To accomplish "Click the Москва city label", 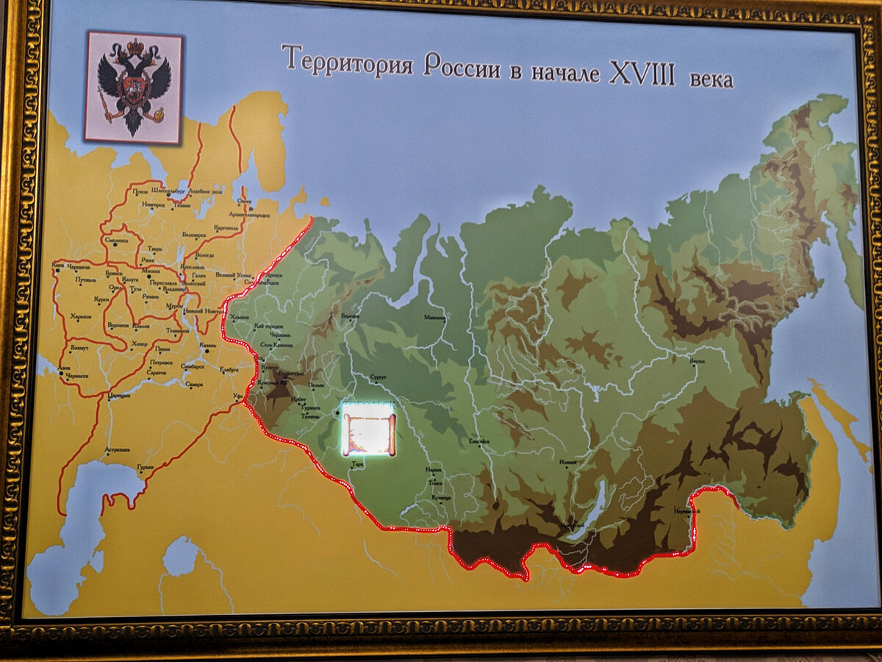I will click(151, 270).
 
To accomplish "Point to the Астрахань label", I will click(118, 449).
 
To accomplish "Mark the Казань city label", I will click(208, 345).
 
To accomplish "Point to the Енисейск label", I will click(479, 441).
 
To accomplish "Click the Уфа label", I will click(237, 396).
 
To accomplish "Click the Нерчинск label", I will click(686, 511).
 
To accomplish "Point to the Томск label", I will click(435, 483).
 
